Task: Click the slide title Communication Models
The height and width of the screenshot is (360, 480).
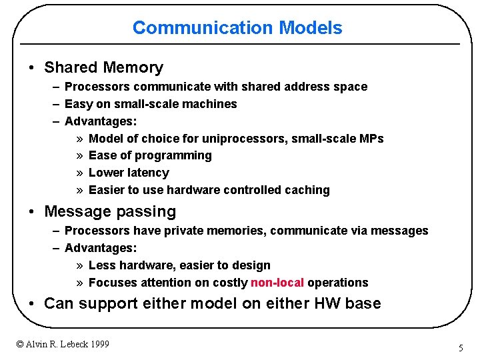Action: coord(237,28)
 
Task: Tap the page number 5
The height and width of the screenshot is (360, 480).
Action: coord(460,348)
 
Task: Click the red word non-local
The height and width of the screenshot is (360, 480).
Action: coord(277,283)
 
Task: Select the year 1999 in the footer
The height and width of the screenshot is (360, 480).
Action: coord(98,344)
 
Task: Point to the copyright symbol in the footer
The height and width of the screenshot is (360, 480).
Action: coord(20,344)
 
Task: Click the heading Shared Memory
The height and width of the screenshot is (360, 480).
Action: coord(103,67)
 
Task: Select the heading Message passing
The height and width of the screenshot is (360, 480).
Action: coord(110,212)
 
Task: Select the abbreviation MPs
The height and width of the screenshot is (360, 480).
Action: coord(371,139)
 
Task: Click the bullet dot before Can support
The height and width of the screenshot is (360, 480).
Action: coord(32,304)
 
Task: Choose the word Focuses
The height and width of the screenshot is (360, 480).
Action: coord(111,283)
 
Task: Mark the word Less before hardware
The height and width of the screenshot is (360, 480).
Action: coord(102,265)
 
